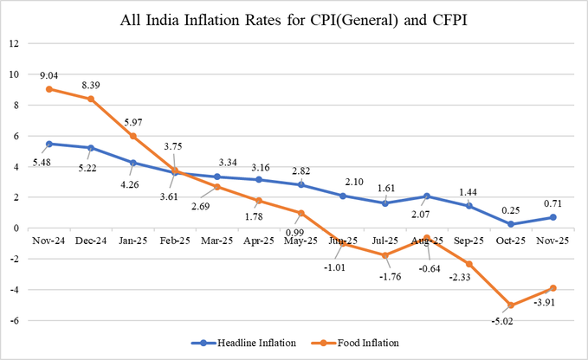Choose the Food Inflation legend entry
tap(372, 343)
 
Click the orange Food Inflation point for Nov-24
tap(51, 89)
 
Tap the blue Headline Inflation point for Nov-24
tap(51, 144)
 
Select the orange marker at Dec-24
tap(90, 100)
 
